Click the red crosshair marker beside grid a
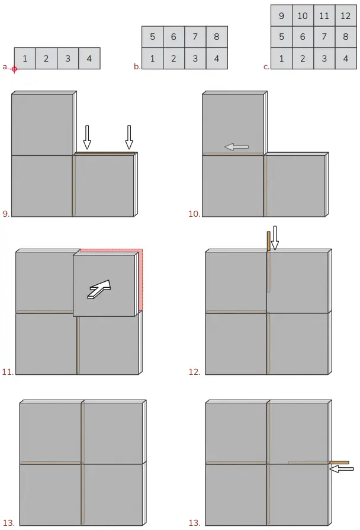[x=14, y=69]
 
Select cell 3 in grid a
[x=67, y=59]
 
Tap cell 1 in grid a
[x=25, y=59]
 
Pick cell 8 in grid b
[x=217, y=37]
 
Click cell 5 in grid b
[x=153, y=37]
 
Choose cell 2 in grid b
[x=174, y=59]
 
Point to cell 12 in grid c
[x=345, y=16]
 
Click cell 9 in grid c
[x=281, y=16]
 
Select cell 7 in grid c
[x=324, y=37]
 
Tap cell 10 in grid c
[x=303, y=16]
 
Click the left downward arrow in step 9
[x=87, y=137]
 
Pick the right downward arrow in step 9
[x=129, y=137]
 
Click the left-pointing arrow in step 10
[x=237, y=147]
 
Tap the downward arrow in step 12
[x=274, y=237]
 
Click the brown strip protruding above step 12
[x=268, y=240]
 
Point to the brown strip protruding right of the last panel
[x=339, y=462]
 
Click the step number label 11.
[x=8, y=372]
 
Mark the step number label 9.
[x=6, y=214]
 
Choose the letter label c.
[x=266, y=67]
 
